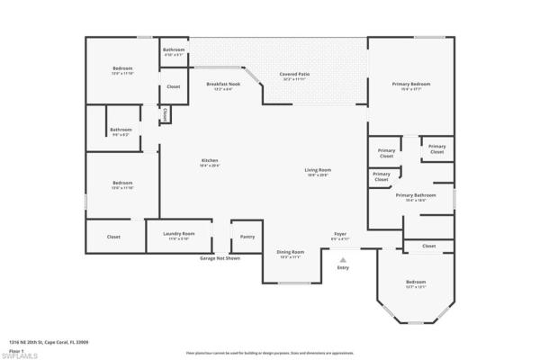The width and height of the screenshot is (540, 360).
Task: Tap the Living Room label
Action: tap(318, 170)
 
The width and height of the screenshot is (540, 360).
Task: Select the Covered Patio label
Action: tap(294, 75)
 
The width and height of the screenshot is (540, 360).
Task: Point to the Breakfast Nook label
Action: tap(223, 85)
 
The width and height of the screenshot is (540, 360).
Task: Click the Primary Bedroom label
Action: tap(410, 84)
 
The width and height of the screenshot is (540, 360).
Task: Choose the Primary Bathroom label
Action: tap(415, 195)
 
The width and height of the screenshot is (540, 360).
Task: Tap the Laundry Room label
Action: tap(179, 234)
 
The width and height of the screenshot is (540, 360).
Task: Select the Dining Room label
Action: tap(291, 252)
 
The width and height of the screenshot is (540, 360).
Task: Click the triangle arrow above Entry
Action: tap(343, 258)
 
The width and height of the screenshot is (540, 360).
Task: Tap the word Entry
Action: tap(343, 267)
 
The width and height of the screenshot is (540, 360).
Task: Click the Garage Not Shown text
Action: tap(220, 258)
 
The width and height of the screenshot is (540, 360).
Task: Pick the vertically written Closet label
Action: tap(166, 114)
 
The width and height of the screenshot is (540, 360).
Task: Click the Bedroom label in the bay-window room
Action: tap(415, 283)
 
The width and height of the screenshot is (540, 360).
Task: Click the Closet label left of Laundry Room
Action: tap(113, 237)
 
